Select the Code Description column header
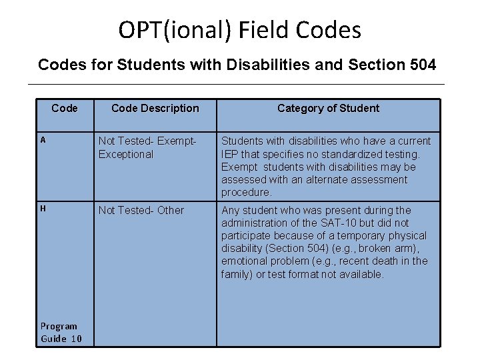point(155,108)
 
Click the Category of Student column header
point(328,108)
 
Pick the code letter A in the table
point(43,141)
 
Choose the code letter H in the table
point(43,210)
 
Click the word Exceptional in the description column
point(126,154)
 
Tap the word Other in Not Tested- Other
point(171,210)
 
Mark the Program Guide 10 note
point(61,332)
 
